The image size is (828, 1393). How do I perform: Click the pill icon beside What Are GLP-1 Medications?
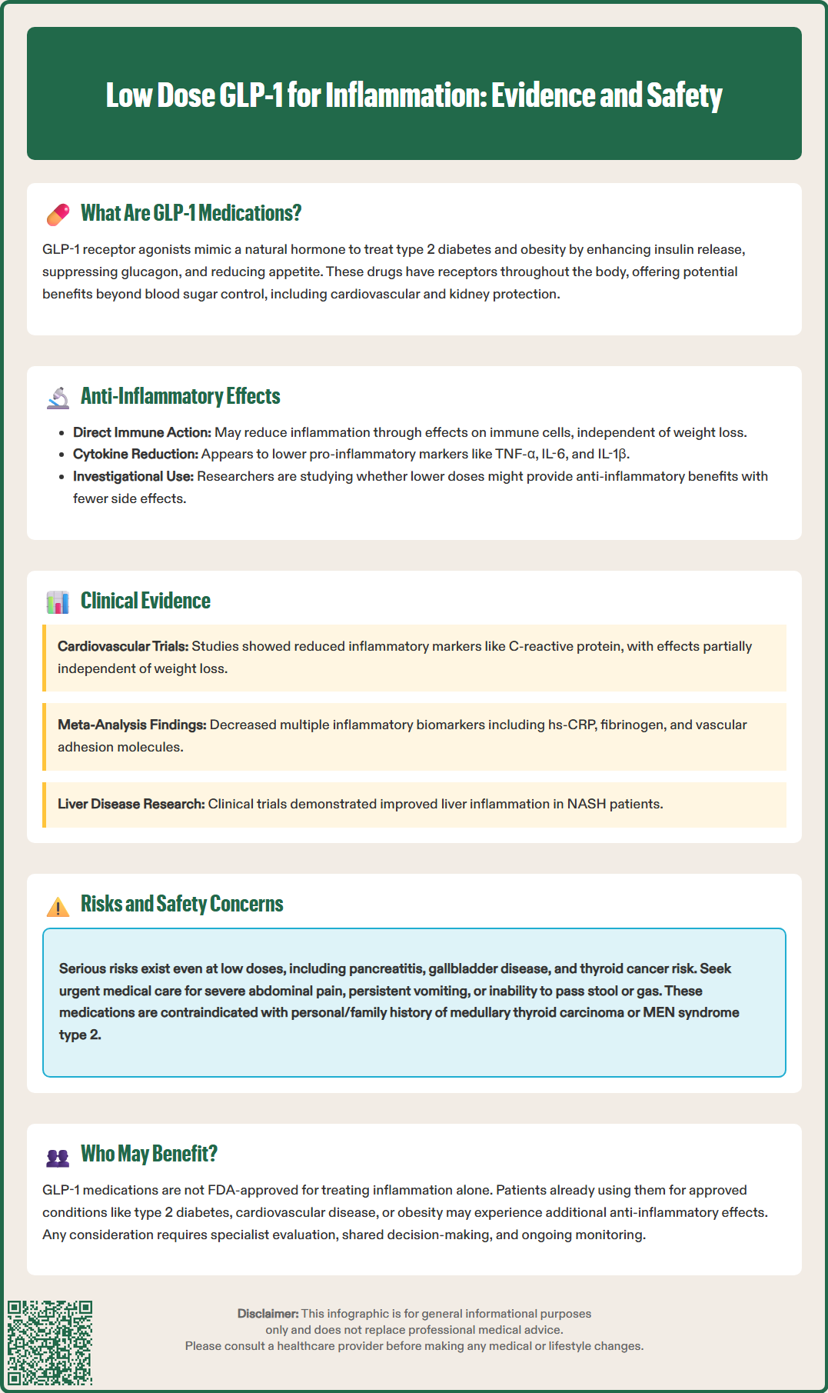[58, 215]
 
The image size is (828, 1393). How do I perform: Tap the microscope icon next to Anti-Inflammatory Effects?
[58, 398]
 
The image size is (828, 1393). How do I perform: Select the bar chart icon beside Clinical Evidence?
[58, 602]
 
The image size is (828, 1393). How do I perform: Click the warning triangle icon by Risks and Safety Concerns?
[58, 906]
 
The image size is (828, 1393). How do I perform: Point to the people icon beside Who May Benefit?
[58, 1156]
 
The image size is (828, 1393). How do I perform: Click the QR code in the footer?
[50, 1343]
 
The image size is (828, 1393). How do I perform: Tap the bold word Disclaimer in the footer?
[268, 1314]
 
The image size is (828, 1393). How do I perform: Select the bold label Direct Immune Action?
[141, 432]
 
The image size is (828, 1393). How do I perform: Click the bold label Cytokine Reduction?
[135, 454]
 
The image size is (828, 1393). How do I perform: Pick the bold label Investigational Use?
[133, 476]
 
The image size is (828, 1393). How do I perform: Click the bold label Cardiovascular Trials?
[122, 646]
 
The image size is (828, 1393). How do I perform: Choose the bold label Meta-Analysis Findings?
[131, 725]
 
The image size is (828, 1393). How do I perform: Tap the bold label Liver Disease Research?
[131, 804]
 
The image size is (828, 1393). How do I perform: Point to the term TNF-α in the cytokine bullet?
[515, 454]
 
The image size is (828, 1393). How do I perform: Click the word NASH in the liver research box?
[586, 804]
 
